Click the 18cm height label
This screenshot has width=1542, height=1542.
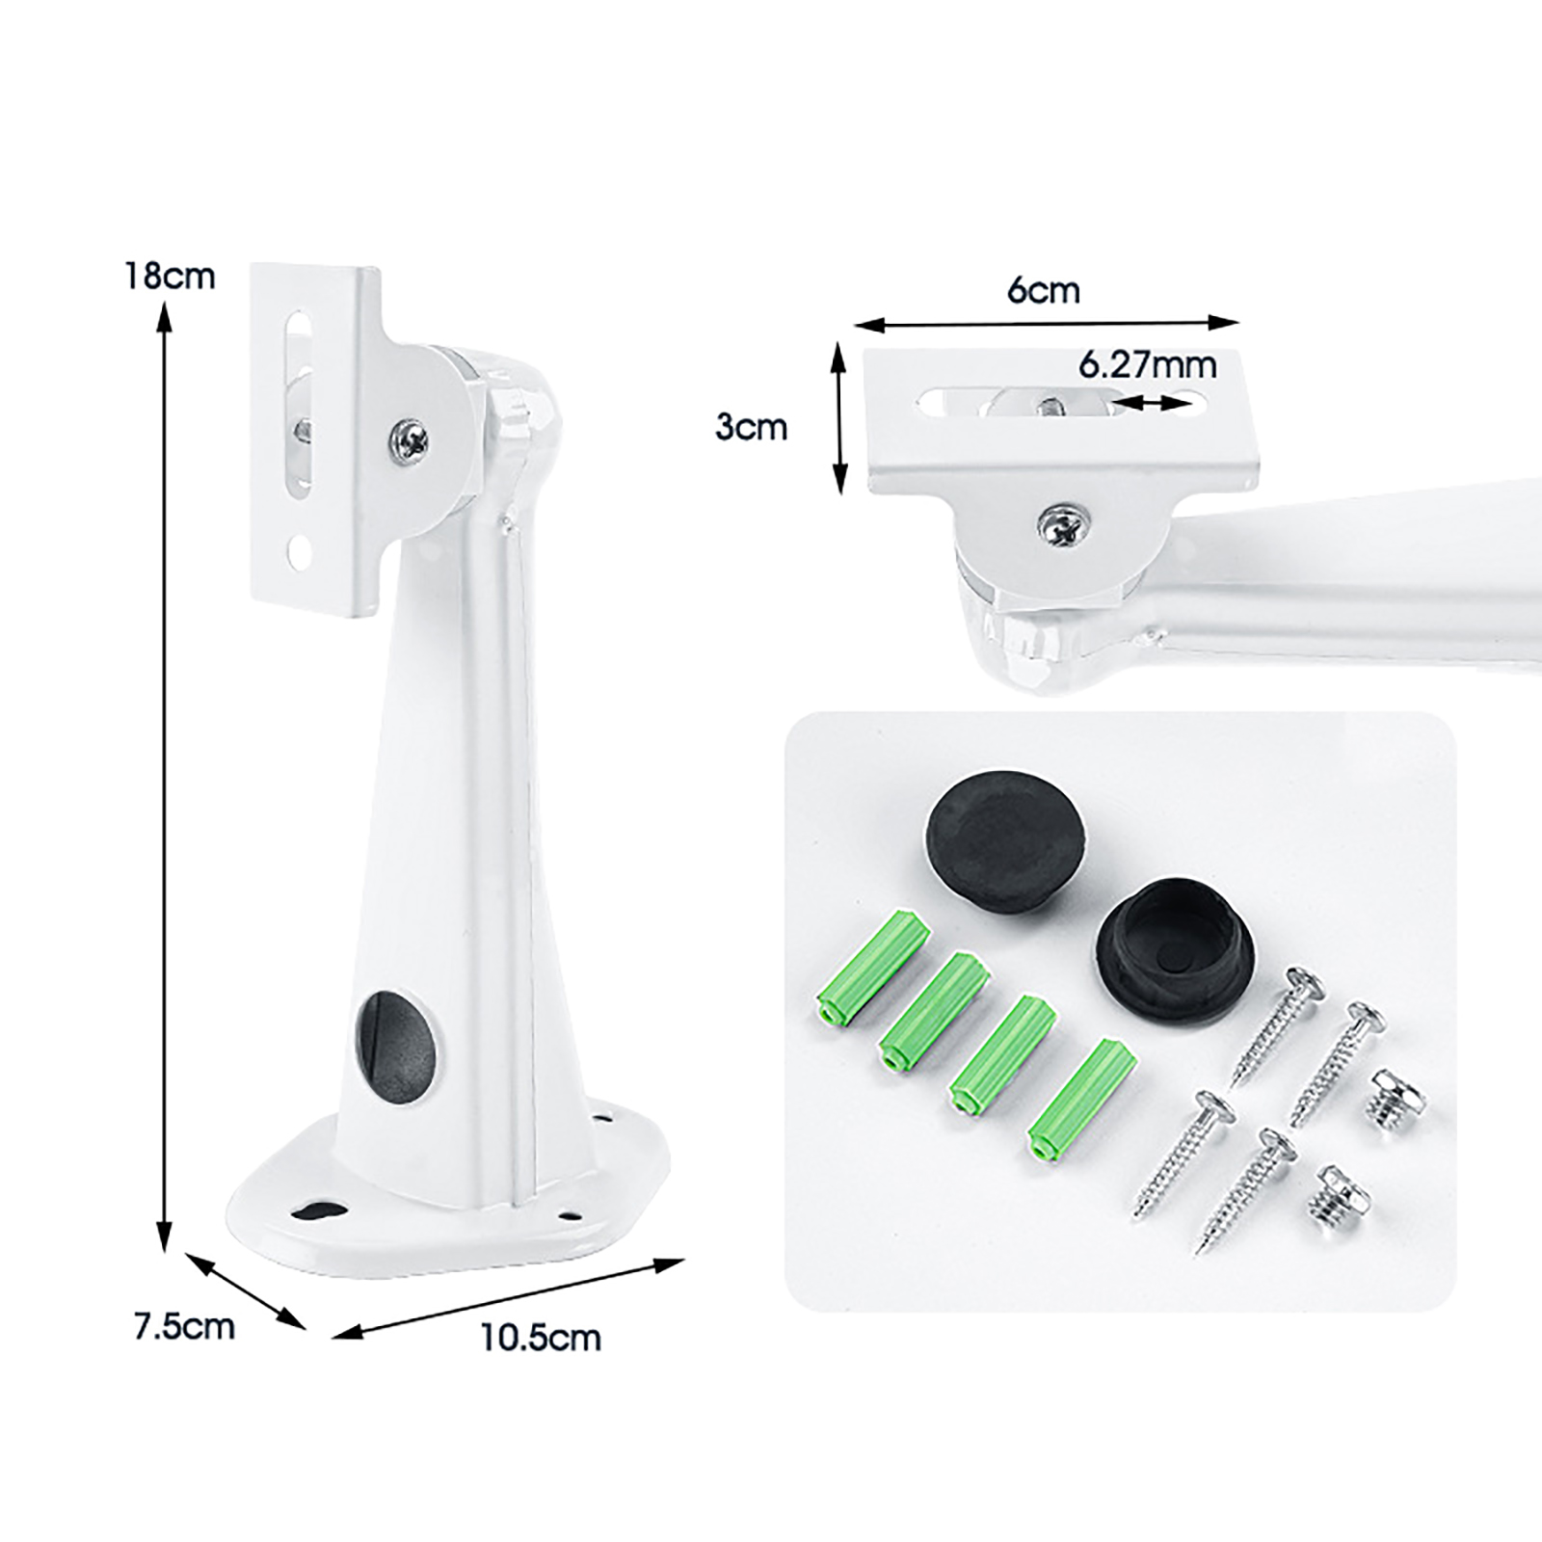169,277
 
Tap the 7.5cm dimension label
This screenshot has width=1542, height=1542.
184,1326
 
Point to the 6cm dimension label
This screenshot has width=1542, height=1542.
1043,290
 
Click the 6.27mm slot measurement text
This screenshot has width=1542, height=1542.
1147,365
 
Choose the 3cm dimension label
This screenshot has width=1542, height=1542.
752,427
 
